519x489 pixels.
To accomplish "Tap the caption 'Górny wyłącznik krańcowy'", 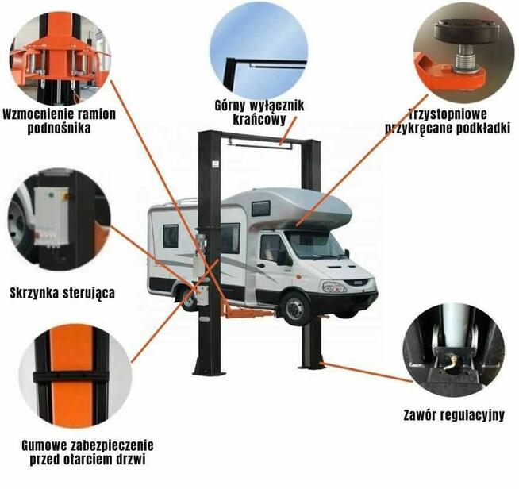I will pos(259,112).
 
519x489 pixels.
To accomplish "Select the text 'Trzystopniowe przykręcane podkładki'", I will pos(447,121).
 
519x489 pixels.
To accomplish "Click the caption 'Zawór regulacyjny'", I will pos(453,414).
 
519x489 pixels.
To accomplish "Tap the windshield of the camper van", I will pos(313,242).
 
